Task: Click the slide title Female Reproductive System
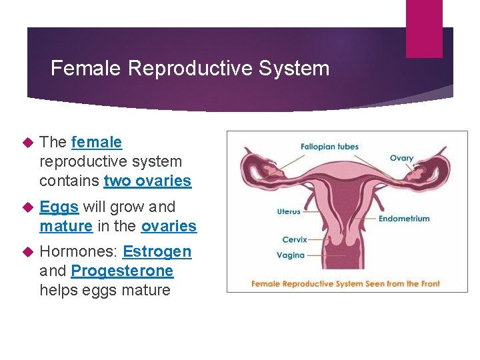click(190, 68)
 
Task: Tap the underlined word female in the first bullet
click(97, 142)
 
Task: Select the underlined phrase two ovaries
click(147, 181)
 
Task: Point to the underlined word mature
click(66, 226)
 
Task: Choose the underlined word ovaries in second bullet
click(169, 226)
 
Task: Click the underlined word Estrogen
click(157, 251)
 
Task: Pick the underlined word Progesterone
click(122, 271)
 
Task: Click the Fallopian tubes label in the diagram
click(329, 147)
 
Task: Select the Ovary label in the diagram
click(401, 159)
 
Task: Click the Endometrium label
click(404, 218)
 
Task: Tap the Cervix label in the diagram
click(293, 239)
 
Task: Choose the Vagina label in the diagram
click(291, 255)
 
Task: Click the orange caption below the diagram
click(345, 284)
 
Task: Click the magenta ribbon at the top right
click(424, 28)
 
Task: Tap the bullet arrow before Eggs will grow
click(27, 207)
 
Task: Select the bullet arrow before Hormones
click(27, 252)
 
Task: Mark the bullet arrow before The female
click(27, 143)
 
